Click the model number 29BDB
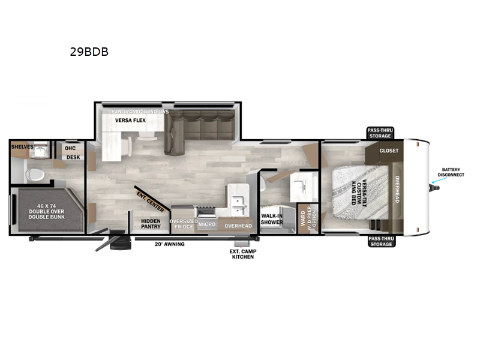click(x=89, y=52)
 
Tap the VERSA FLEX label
click(x=131, y=120)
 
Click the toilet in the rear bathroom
click(x=34, y=174)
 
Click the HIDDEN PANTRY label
click(x=151, y=224)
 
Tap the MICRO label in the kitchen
click(x=207, y=224)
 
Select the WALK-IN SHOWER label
click(x=272, y=219)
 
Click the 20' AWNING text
click(x=170, y=244)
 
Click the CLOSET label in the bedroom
click(x=388, y=151)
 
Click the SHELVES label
click(x=22, y=146)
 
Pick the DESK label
click(x=73, y=157)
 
